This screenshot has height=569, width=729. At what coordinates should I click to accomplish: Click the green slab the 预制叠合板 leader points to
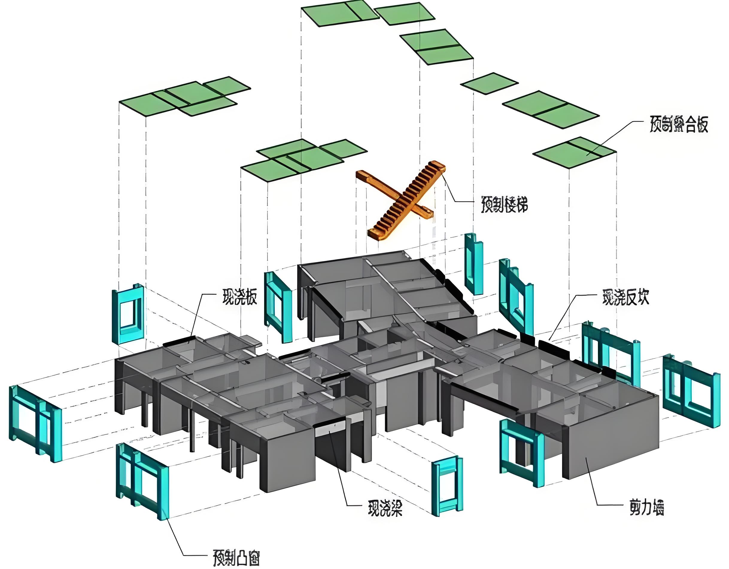pyautogui.click(x=587, y=154)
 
